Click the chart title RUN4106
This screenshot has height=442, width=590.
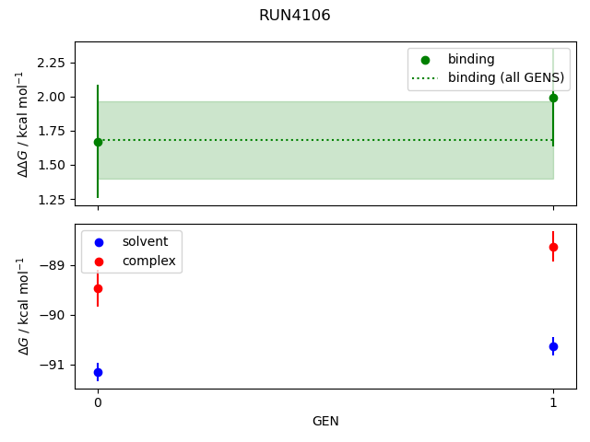point(295,16)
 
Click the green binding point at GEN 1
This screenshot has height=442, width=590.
point(553,97)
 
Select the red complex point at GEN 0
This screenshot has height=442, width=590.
point(98,288)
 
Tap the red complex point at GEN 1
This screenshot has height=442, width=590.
point(553,247)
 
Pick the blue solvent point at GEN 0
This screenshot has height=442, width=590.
point(98,372)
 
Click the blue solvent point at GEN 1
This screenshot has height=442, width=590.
point(553,346)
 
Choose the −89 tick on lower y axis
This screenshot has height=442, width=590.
point(55,266)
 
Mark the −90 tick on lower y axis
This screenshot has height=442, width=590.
point(55,316)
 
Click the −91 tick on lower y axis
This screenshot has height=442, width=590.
point(55,365)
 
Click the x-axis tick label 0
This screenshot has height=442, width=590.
point(98,402)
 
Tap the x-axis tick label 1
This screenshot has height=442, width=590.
point(553,402)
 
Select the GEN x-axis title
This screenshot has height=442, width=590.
point(325,421)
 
